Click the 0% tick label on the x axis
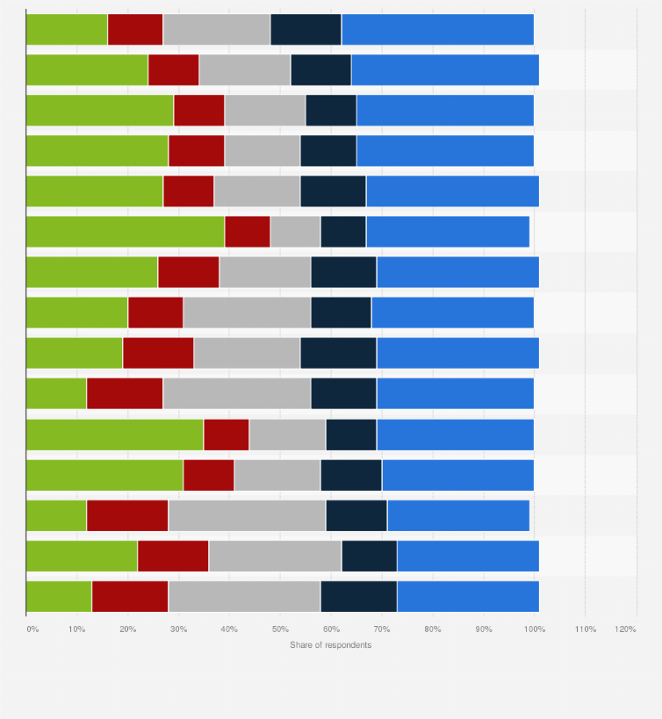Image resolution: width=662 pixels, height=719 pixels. click(32, 629)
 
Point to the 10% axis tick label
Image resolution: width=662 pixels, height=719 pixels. click(77, 629)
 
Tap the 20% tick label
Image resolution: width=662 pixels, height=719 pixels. click(128, 629)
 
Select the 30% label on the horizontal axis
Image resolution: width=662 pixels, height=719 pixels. click(179, 629)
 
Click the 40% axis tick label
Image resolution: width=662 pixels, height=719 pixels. click(229, 629)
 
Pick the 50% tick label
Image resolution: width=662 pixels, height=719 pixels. click(280, 629)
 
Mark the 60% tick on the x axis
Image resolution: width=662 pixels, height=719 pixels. click(331, 629)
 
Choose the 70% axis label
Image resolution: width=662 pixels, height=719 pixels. click(382, 629)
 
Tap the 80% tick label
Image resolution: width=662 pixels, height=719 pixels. click(433, 629)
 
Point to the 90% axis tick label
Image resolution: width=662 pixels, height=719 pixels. click(484, 629)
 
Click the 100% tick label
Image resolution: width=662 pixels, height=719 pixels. click(534, 629)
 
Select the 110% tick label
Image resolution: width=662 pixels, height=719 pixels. click(585, 629)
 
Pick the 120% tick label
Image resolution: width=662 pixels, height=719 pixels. click(625, 629)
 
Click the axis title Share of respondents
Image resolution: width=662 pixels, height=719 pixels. click(331, 645)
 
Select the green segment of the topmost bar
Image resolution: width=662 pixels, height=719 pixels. click(67, 30)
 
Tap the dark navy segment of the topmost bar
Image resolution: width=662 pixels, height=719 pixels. click(306, 30)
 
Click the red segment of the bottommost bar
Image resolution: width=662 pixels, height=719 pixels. click(130, 595)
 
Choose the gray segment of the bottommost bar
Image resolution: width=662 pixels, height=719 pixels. click(244, 595)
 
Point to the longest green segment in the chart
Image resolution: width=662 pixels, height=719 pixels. click(125, 232)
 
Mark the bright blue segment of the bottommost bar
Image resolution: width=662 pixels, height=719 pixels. click(468, 595)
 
